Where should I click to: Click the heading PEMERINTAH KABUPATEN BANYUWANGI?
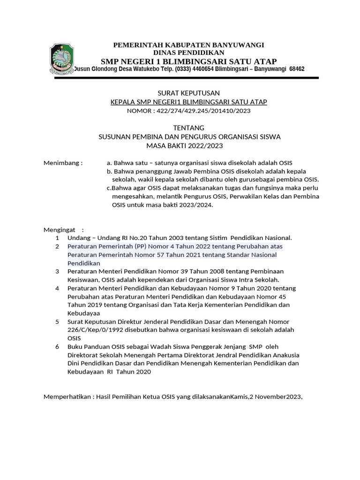coord(189,45)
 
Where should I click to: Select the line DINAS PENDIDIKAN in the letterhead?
coord(189,52)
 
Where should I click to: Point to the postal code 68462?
coord(297,69)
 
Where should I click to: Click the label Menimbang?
coord(62,163)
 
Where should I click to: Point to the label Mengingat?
coord(60,230)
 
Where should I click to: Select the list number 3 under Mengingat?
coord(57,271)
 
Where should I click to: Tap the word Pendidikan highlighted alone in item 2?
coord(84,263)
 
